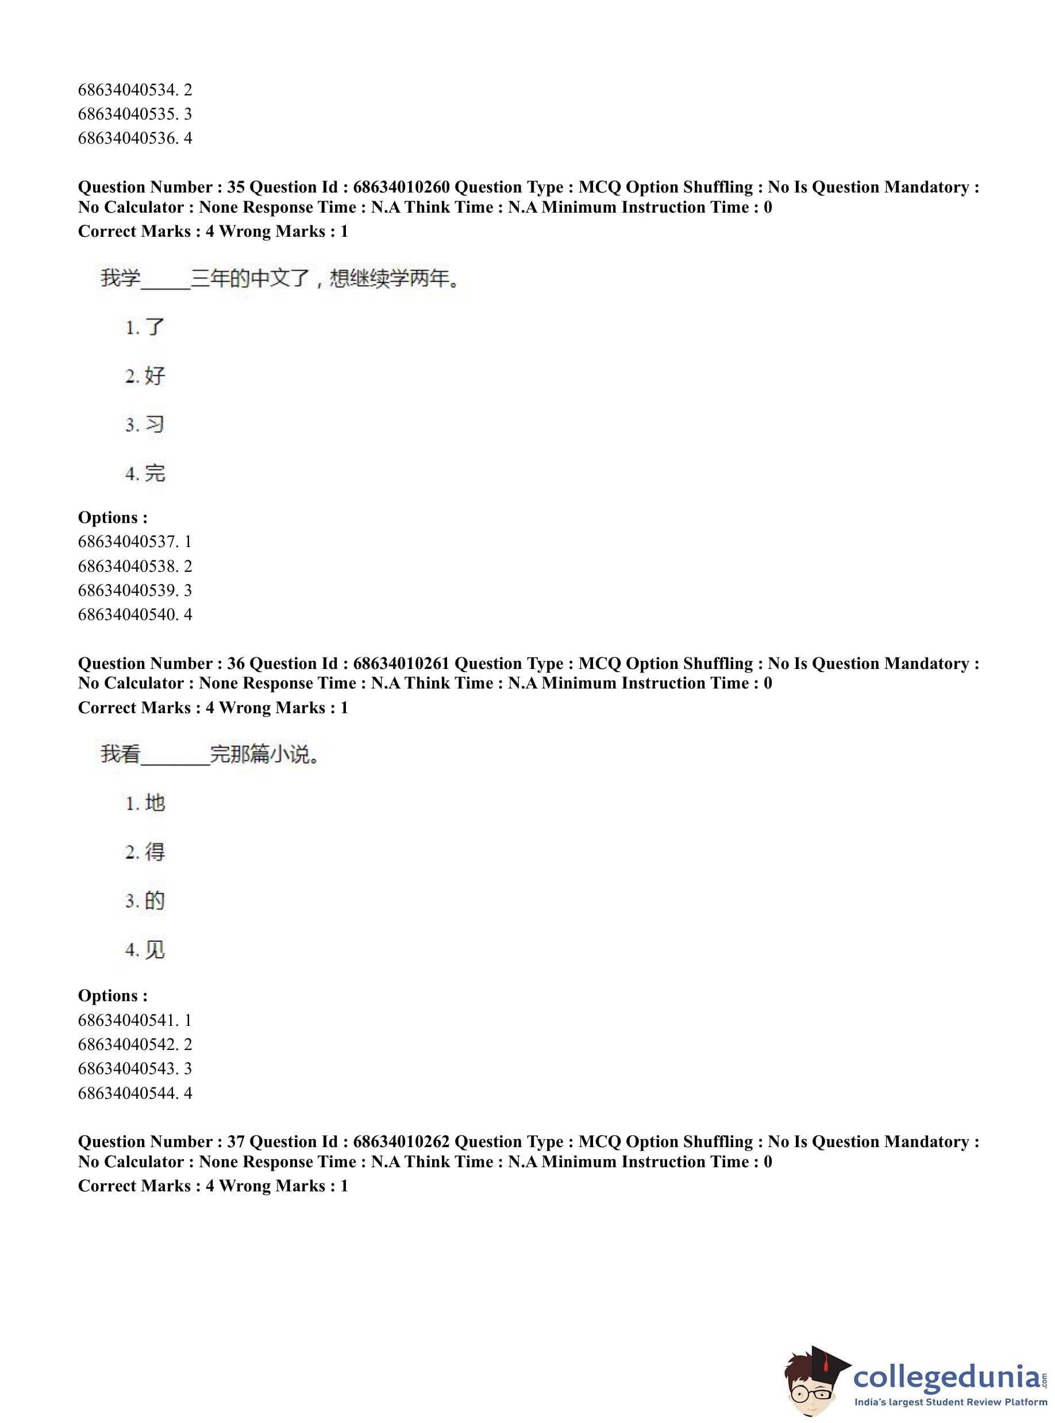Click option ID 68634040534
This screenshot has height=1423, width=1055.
pos(135,90)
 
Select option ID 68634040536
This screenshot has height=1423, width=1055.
pos(135,139)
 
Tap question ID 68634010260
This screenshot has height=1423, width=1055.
pos(401,187)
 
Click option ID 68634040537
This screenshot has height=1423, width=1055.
pos(135,541)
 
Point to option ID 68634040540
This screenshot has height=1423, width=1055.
pos(135,614)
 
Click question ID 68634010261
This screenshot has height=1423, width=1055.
pos(401,664)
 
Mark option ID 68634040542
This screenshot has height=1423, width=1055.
pos(135,1044)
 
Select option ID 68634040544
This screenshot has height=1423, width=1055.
pos(135,1093)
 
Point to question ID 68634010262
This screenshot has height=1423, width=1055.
pos(401,1141)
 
